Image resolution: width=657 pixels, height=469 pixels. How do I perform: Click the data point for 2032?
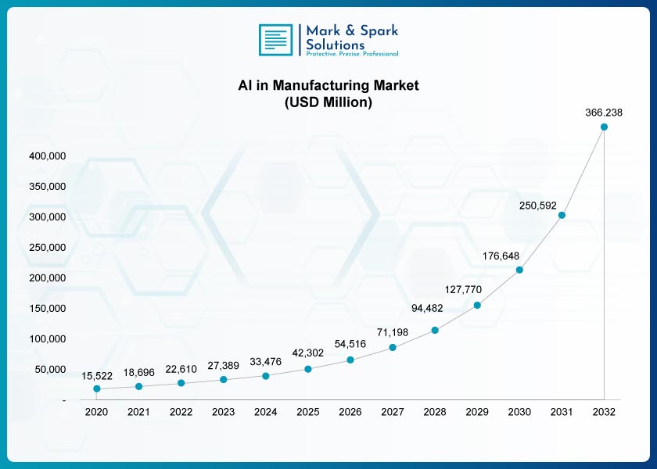(604, 127)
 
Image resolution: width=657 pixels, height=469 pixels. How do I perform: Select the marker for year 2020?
(97, 388)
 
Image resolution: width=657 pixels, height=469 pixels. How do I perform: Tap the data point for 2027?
(393, 347)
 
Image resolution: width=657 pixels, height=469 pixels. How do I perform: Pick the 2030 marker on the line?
(519, 270)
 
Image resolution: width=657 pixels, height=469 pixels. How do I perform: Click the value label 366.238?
(604, 113)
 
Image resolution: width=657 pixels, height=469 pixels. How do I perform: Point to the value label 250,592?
(538, 206)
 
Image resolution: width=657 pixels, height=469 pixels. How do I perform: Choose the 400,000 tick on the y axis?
(47, 156)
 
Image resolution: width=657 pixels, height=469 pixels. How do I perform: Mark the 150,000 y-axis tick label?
(47, 308)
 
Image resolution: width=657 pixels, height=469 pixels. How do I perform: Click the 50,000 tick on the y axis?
(50, 369)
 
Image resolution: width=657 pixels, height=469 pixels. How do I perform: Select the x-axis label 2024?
(266, 412)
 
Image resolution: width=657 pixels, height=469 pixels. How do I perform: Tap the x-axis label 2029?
(477, 412)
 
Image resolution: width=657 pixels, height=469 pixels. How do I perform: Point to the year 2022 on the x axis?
(181, 412)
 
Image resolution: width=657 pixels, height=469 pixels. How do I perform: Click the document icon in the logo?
(275, 39)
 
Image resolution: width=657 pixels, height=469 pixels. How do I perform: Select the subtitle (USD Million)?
(328, 102)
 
